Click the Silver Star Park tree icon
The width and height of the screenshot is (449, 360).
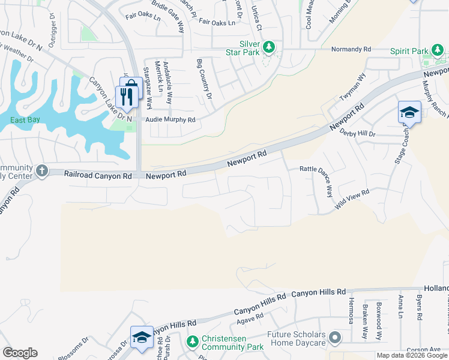(x=270, y=47)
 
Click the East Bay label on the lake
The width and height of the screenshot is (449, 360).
(x=25, y=120)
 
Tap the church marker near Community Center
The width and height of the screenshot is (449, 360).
(x=42, y=171)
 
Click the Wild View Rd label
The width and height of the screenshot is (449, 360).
(x=352, y=199)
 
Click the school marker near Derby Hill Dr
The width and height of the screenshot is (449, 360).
(x=409, y=112)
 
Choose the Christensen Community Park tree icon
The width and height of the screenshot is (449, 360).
(x=192, y=342)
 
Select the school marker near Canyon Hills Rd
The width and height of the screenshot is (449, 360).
(x=142, y=337)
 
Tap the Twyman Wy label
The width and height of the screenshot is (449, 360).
(x=353, y=87)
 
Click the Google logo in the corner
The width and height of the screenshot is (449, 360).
(x=20, y=353)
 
